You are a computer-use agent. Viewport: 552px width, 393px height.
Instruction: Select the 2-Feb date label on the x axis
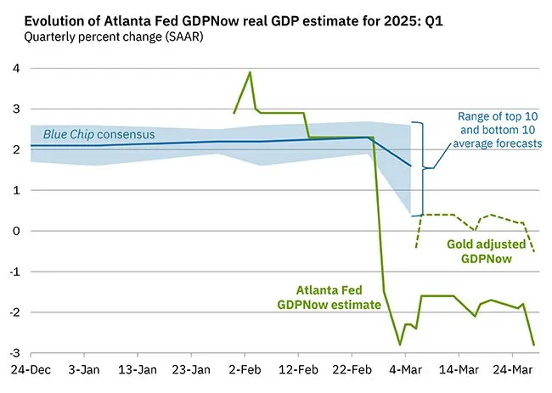tap(245, 371)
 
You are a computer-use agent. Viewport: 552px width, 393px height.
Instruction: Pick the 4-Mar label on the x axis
tap(405, 371)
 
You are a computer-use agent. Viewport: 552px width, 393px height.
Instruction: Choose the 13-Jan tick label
tap(137, 371)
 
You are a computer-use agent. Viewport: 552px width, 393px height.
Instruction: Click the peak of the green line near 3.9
tap(250, 72)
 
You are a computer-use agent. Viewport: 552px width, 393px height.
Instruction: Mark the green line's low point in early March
tap(400, 344)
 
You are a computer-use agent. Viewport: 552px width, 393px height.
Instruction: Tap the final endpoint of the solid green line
tap(534, 344)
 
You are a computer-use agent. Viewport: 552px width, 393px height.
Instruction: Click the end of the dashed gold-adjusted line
tap(534, 251)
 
